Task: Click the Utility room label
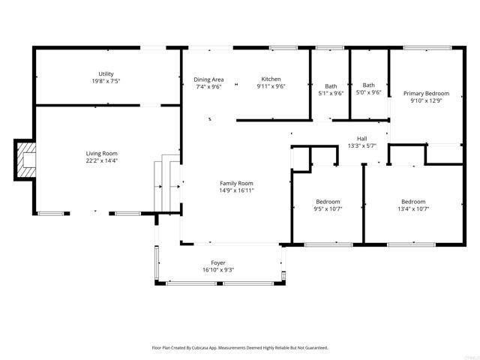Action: coord(106,73)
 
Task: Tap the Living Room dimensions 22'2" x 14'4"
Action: coord(102,160)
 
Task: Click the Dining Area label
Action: coord(208,79)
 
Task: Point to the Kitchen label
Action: coord(271,79)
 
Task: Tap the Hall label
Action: coord(361,139)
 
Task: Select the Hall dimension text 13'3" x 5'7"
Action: coord(361,146)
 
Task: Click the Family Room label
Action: coord(236,183)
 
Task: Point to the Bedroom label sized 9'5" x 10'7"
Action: coord(328,201)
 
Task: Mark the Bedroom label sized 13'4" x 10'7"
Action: coord(412,201)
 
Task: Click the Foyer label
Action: coord(218,262)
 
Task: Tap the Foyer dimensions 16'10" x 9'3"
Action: coord(218,270)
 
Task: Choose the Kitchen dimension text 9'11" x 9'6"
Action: coord(271,86)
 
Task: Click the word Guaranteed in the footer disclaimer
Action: coord(314,348)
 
